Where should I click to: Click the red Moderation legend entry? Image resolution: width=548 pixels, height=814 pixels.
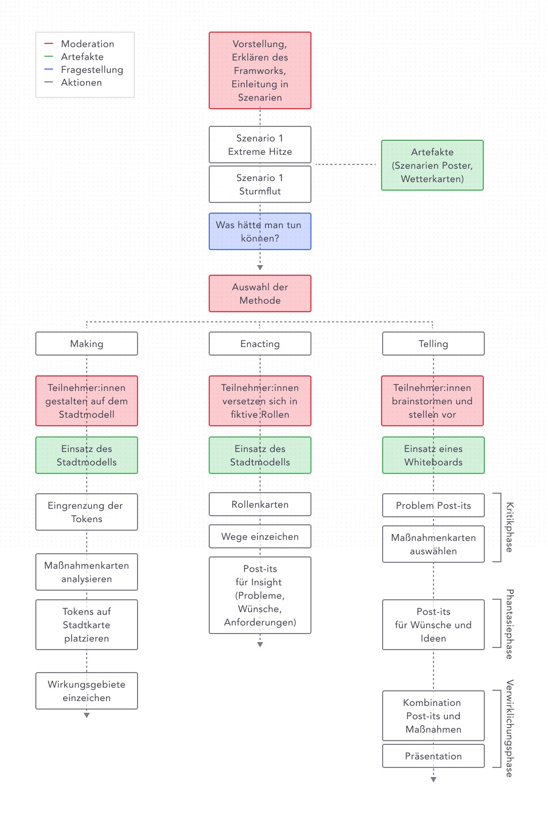[x=79, y=43]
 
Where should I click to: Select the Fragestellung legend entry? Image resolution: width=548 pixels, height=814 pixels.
[x=83, y=70]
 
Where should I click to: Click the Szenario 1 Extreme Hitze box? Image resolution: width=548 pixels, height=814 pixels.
[x=260, y=145]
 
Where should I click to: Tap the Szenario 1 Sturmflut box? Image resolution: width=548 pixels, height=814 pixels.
[x=260, y=184]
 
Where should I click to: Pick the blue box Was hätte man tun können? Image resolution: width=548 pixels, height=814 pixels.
[x=260, y=231]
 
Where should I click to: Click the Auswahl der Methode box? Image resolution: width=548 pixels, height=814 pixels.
[x=260, y=293]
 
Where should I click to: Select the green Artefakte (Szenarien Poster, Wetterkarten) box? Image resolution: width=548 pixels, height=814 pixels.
[x=432, y=165]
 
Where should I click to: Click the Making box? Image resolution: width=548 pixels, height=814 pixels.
[x=87, y=344]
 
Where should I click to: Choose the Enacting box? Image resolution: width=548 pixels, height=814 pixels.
[x=260, y=344]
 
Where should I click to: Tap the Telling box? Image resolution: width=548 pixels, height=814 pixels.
[x=433, y=344]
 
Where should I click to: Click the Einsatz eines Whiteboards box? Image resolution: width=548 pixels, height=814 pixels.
[x=433, y=455]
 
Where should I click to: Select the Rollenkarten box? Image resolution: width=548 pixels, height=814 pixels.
[x=260, y=504]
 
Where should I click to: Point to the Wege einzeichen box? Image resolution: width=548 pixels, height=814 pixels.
[x=260, y=537]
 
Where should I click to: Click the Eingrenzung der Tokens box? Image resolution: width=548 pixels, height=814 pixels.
[x=87, y=512]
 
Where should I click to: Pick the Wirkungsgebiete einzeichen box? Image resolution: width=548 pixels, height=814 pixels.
[x=87, y=691]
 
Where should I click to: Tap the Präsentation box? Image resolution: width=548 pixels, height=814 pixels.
[x=433, y=756]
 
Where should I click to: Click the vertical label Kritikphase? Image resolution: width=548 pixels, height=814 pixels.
[x=509, y=527]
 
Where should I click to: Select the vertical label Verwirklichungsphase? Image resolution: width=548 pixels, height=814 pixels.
[x=509, y=728]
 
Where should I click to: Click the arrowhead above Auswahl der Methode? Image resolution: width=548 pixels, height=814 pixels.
[x=260, y=267]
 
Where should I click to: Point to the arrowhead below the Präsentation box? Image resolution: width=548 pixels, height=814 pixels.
[x=433, y=779]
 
